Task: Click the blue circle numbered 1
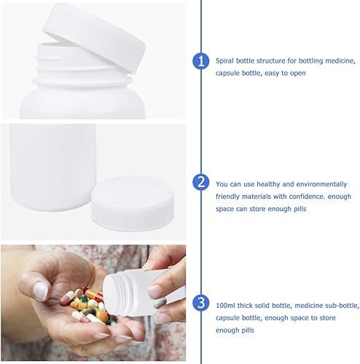(x=202, y=61)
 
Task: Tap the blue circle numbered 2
(x=202, y=182)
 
